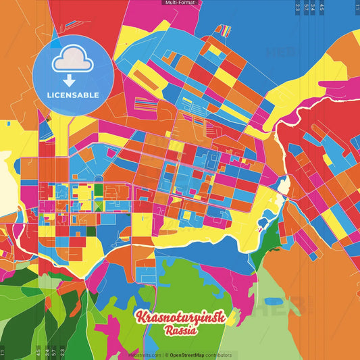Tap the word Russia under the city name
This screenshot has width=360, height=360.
180,331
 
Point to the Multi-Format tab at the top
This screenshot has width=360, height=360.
180,3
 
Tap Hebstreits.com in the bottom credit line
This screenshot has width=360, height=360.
145,355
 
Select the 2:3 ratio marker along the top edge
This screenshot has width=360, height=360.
298,8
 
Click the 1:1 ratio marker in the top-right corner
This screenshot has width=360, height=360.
357,8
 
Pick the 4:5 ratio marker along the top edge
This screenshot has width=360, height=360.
322,8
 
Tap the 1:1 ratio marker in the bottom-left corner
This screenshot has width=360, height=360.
3,352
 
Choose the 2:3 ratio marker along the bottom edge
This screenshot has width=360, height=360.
62,352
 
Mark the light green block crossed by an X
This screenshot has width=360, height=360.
99,205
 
